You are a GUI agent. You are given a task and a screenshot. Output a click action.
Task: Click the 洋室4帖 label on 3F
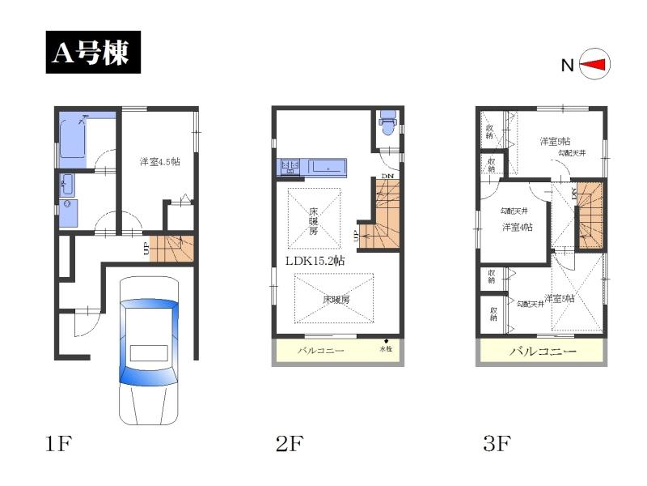tap(517, 227)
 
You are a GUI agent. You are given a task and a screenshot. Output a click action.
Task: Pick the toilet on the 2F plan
tap(387, 125)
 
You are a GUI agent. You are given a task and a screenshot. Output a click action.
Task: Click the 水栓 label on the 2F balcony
tap(386, 350)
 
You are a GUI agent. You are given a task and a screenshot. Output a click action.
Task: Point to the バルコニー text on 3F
tap(542, 352)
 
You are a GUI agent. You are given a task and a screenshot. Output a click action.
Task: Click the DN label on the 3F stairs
tap(574, 194)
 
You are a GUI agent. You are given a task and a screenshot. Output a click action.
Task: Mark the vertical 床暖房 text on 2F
tap(313, 220)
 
